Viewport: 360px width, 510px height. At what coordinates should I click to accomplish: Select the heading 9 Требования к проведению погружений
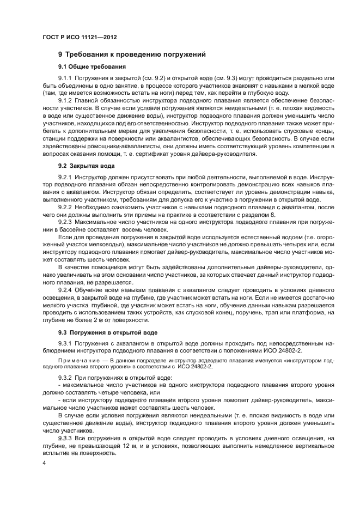(131, 55)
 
